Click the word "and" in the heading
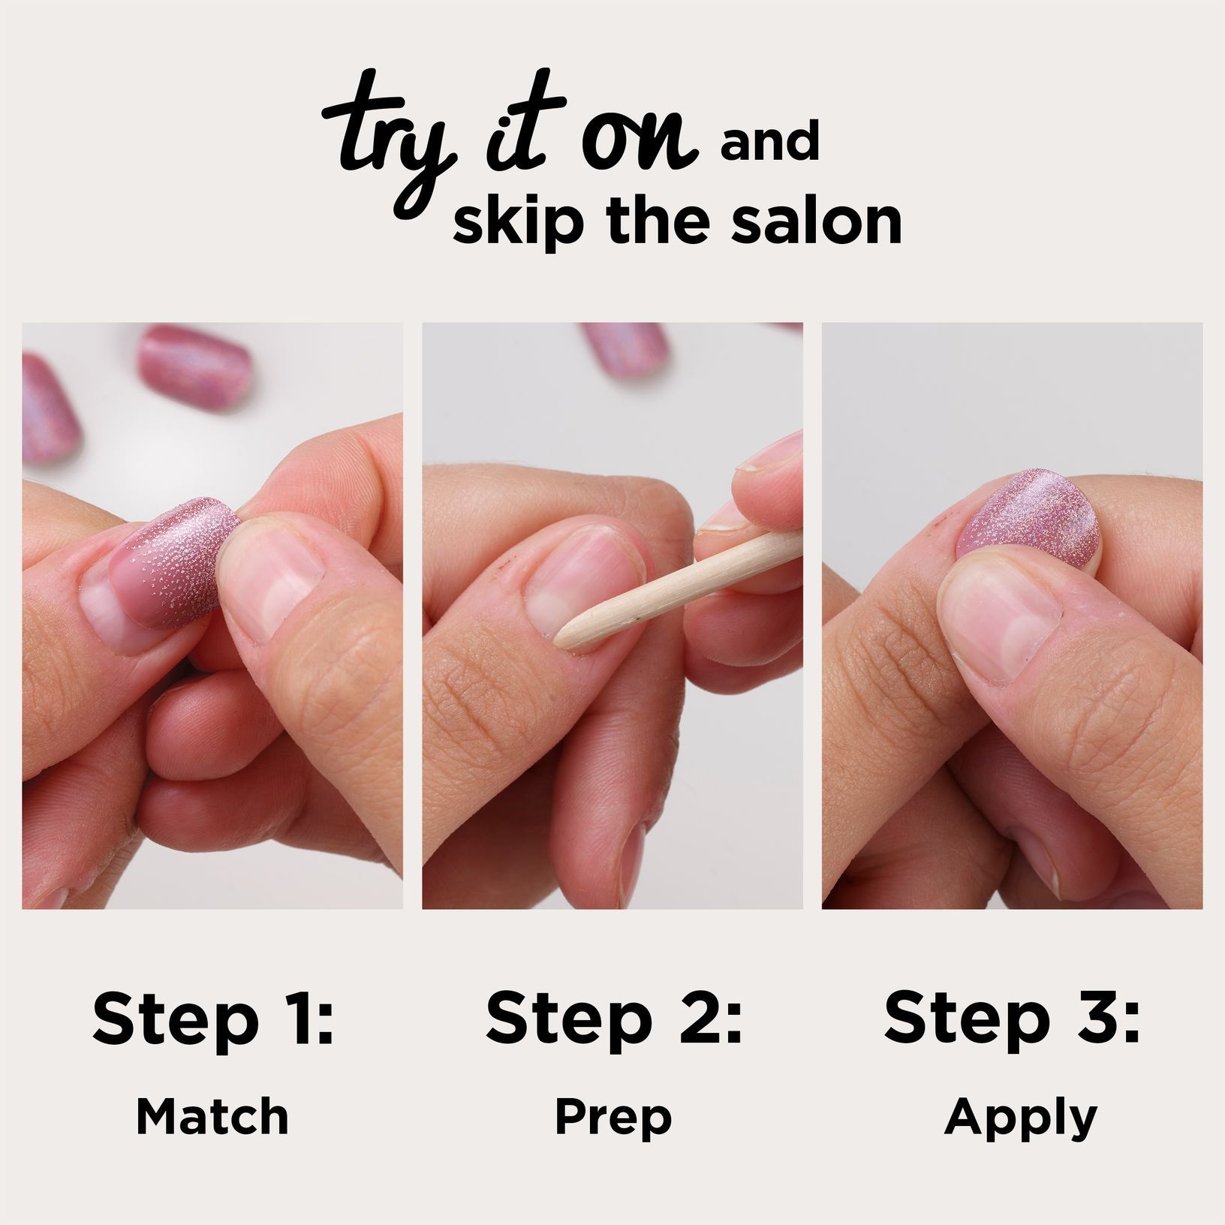point(769,144)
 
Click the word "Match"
point(212,1117)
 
